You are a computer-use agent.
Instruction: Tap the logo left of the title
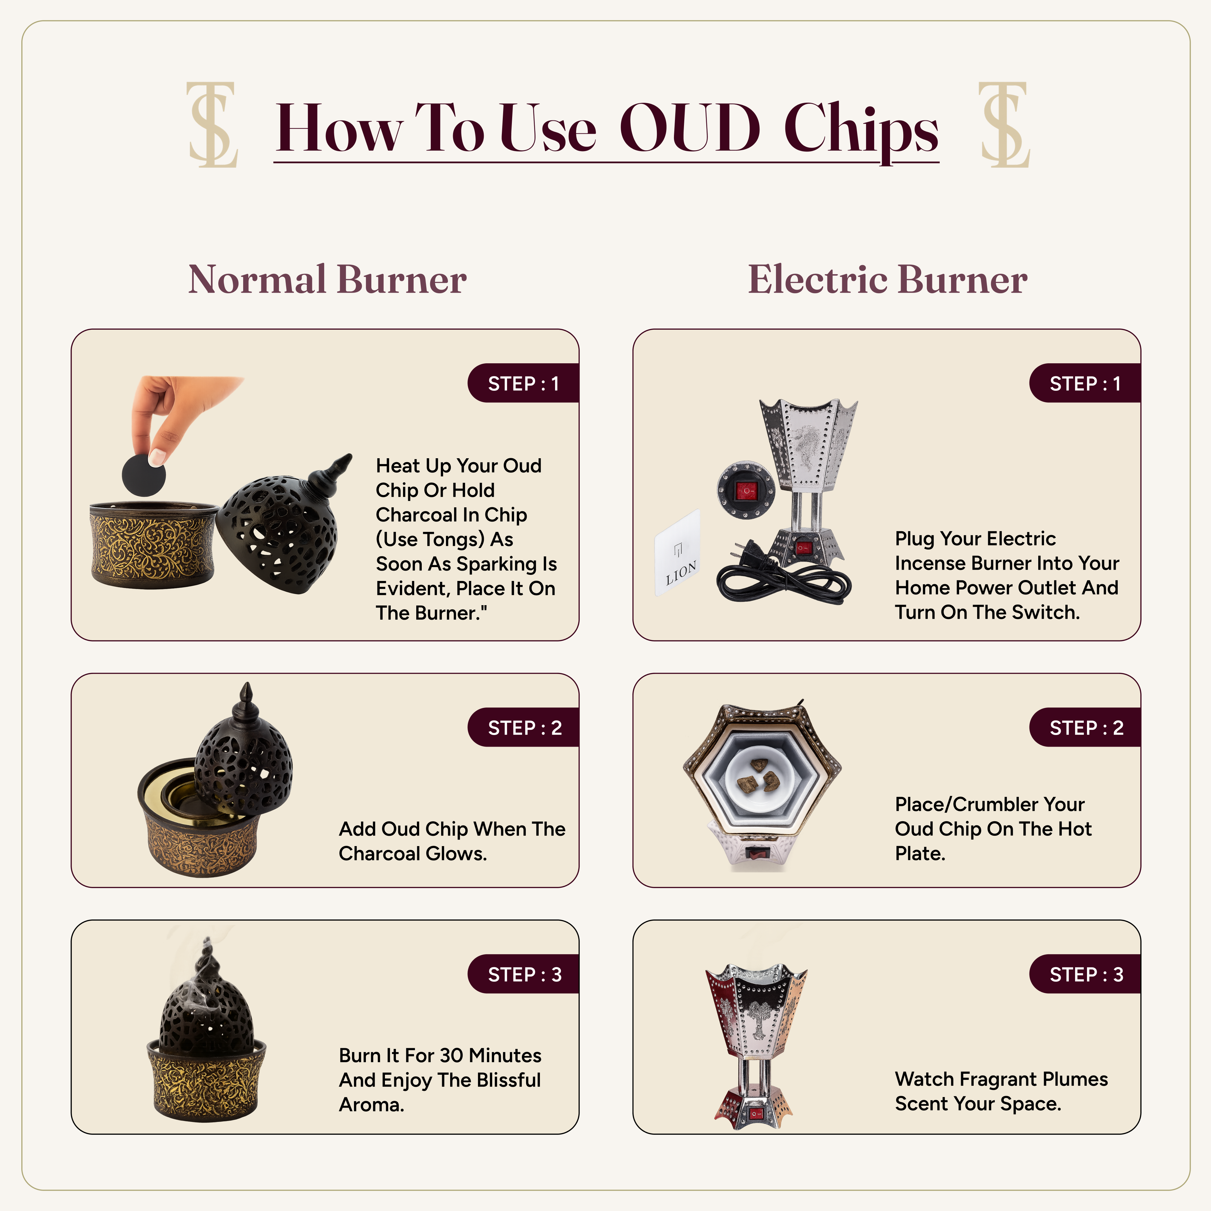pos(212,125)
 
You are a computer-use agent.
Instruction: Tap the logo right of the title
pos(1005,125)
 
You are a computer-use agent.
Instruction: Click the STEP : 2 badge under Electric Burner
pos(1085,727)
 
